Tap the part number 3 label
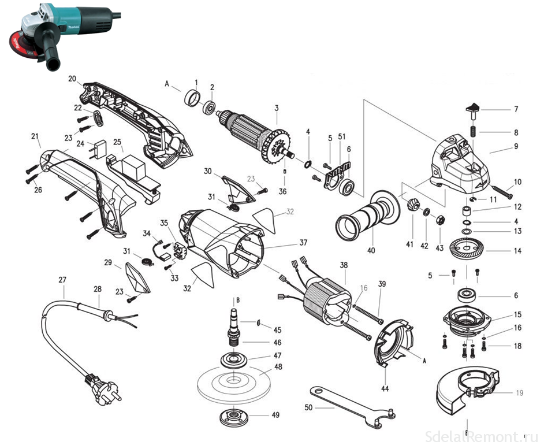coord(277,108)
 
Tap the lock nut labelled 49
coord(233,416)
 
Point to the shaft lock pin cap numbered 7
coord(473,107)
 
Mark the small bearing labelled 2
coord(210,107)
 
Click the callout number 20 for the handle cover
coord(72,78)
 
